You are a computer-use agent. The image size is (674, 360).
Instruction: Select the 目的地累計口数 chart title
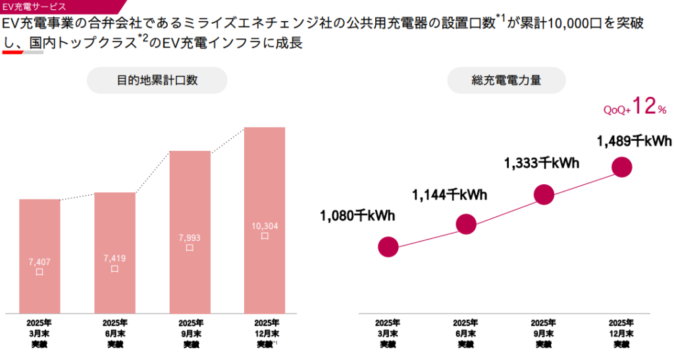click(x=157, y=80)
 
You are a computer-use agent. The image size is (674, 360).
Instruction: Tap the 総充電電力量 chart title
click(x=506, y=80)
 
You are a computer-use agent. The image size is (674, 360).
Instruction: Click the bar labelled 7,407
click(x=39, y=256)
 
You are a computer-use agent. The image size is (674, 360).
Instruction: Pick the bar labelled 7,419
click(x=115, y=253)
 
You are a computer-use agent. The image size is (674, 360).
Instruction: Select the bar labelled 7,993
click(x=190, y=232)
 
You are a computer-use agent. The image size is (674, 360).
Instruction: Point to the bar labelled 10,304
click(x=265, y=220)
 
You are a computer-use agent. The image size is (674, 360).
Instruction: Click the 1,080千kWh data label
click(x=357, y=215)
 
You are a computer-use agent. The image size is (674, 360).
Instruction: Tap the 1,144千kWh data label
click(x=450, y=194)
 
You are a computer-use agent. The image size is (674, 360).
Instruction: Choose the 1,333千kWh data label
click(x=542, y=163)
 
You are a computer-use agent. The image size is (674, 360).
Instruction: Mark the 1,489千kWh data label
click(x=633, y=140)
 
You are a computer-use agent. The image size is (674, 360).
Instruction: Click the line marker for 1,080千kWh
click(x=388, y=247)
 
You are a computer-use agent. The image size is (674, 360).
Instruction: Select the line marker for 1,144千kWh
click(x=466, y=224)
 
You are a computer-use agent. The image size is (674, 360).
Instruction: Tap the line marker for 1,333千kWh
click(x=544, y=194)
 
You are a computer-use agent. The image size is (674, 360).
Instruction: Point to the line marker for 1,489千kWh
click(x=621, y=167)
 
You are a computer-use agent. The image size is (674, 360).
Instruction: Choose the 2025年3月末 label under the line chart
click(x=388, y=333)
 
